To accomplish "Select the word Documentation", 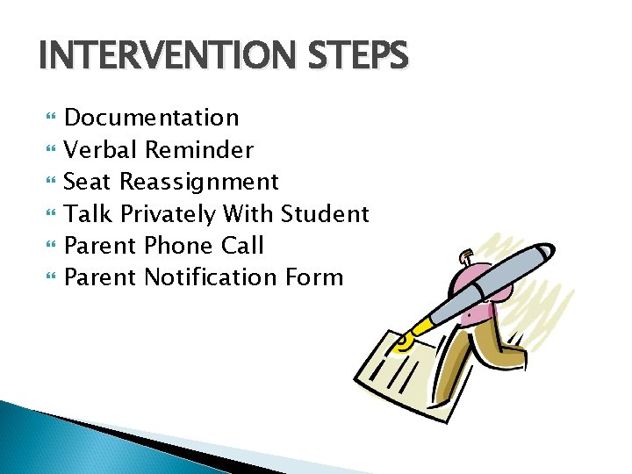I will pyautogui.click(x=152, y=118).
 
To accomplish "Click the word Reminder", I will pyautogui.click(x=199, y=150).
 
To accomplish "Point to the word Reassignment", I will pyautogui.click(x=199, y=183).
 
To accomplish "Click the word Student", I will pyautogui.click(x=325, y=214).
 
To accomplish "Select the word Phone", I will pyautogui.click(x=177, y=246).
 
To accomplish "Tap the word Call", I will pyautogui.click(x=241, y=246).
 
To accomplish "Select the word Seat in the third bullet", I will pyautogui.click(x=89, y=183).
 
